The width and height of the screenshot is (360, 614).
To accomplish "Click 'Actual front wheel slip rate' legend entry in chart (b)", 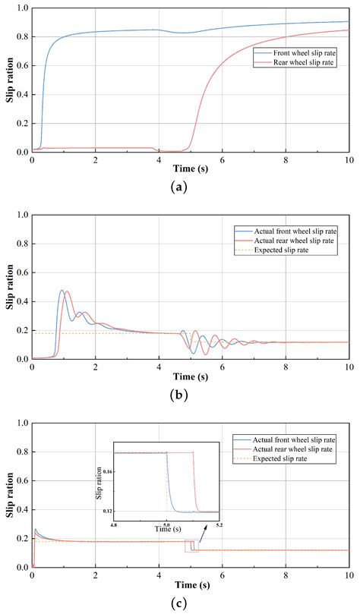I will [298, 230].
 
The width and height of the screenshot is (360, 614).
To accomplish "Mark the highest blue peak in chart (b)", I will [62, 290].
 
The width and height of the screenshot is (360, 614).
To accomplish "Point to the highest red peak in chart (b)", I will [68, 291].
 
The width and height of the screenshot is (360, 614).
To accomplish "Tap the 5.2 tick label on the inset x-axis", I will [219, 524].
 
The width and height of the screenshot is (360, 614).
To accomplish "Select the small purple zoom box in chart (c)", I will [192, 546].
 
